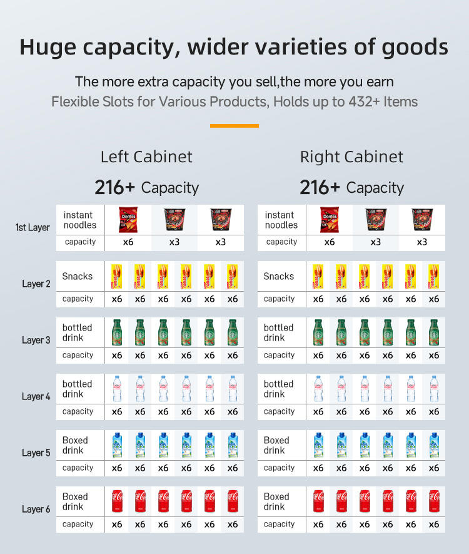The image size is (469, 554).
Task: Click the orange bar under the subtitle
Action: point(234,126)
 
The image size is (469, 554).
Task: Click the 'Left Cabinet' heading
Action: point(146,156)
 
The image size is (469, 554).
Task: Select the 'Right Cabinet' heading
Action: point(351,156)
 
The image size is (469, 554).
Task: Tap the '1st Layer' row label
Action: point(33,227)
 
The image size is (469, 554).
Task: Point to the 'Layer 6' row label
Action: point(36,509)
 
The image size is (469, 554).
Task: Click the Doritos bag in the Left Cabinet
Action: point(128,220)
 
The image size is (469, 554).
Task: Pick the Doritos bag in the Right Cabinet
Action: point(329,220)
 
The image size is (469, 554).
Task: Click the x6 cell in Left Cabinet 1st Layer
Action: point(128,242)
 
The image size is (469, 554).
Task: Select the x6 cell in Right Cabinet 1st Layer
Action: point(329,242)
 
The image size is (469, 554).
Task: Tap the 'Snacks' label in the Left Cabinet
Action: point(77,276)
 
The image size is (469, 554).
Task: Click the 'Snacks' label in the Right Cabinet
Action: point(278,276)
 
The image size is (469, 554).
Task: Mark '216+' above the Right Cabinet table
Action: point(320,187)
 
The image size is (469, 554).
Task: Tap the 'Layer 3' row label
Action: point(36,340)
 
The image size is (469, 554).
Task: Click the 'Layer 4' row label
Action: point(36,396)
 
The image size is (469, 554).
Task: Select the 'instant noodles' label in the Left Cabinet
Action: point(80,220)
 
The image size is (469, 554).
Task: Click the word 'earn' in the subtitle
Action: point(379,82)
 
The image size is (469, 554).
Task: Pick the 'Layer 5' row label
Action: point(36,453)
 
